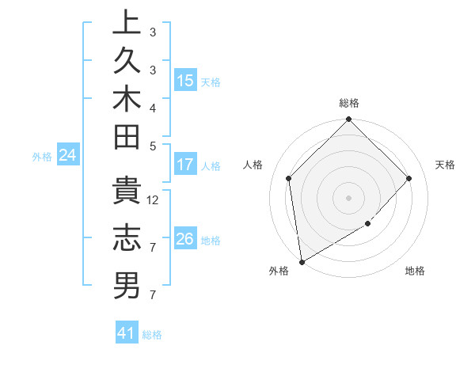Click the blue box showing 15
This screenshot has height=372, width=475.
(185, 81)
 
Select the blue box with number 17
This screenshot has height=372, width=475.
(185, 165)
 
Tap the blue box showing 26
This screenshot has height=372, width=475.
(185, 239)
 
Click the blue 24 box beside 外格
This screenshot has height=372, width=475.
(68, 156)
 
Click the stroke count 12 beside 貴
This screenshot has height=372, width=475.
(154, 199)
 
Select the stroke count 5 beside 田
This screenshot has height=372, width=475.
(153, 145)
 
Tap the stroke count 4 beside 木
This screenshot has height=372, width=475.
(153, 107)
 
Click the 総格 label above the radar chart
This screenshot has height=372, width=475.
(349, 103)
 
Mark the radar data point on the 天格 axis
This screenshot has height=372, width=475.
(409, 178)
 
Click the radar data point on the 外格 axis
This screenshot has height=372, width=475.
(302, 262)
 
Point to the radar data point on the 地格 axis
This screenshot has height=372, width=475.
(368, 224)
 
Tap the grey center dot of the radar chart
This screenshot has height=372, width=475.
(349, 197)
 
